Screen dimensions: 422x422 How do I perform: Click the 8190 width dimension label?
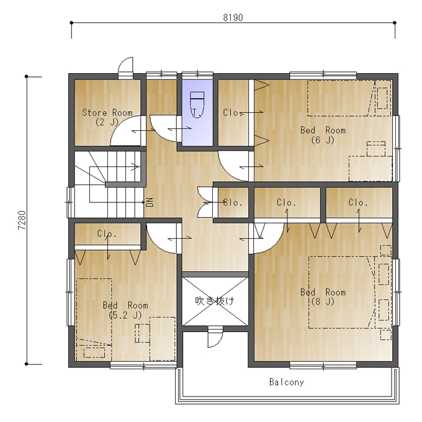coord(233,17)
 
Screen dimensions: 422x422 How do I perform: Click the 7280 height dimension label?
coord(22,220)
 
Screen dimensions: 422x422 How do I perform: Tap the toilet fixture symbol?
coord(197,105)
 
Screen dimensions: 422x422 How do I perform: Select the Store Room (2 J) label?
coord(107,117)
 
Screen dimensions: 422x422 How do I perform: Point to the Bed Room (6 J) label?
coord(323,135)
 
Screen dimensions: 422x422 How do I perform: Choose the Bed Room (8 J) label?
coord(323,297)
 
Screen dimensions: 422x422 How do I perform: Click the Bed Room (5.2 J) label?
coord(125,310)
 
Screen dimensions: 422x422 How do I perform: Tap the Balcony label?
coord(287,382)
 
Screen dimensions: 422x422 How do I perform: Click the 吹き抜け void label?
coord(215,300)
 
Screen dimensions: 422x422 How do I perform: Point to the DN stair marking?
coord(150,202)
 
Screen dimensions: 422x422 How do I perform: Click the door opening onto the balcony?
coord(215,337)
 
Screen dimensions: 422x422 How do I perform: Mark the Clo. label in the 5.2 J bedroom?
coord(107,233)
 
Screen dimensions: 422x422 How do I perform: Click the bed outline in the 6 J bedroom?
coord(349,98)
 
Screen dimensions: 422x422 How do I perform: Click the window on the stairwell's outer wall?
coord(70,202)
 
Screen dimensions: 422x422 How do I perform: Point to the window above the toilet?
coord(197,75)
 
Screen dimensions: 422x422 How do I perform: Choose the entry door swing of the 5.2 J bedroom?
coord(161,238)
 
